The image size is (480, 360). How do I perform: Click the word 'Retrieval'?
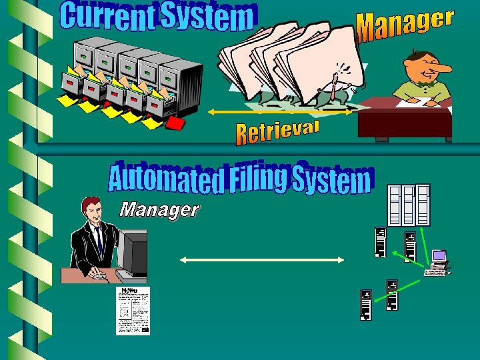pos(278,131)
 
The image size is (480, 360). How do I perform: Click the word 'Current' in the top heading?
pos(106,18)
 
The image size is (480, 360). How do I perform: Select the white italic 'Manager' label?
pos(159,211)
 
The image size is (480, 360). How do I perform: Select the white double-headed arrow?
pos(263,260)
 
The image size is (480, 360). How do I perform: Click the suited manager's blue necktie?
pos(99,241)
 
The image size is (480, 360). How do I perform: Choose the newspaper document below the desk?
pos(133,311)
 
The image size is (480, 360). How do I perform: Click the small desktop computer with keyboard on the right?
pos(438,263)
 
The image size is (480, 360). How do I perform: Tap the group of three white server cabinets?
pos(409,205)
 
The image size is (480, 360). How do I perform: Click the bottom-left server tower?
pos(365,306)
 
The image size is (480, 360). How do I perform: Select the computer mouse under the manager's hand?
pos(99,275)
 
